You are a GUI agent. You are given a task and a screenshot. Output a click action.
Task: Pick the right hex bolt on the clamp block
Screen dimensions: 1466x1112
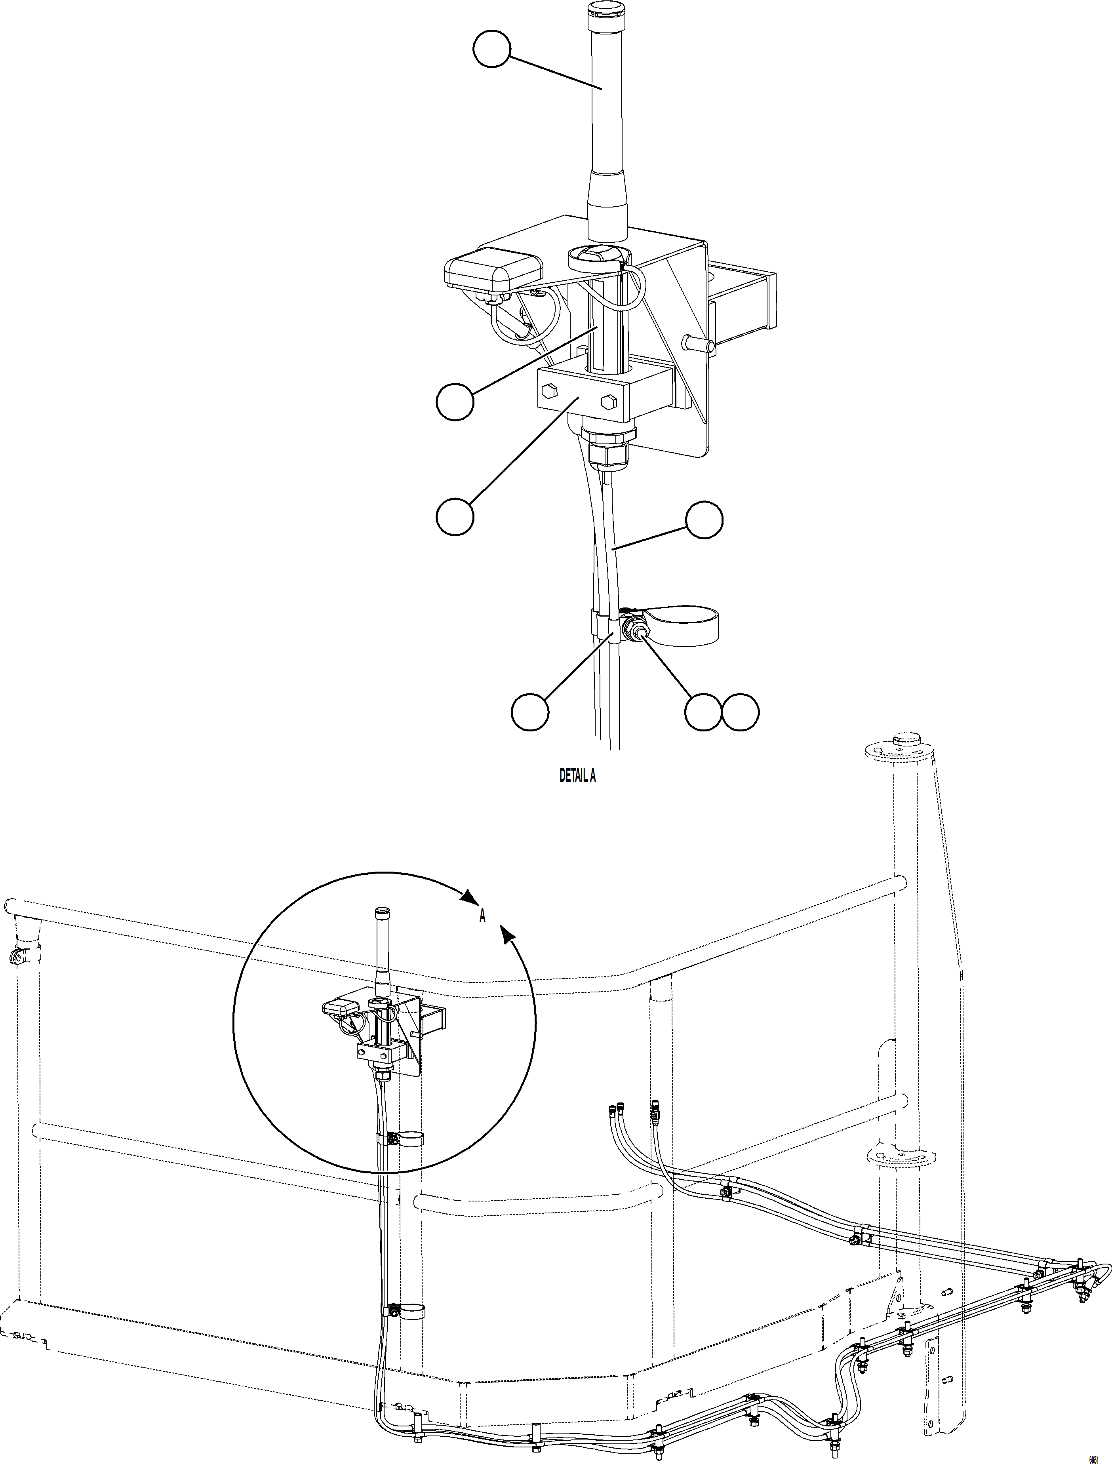click(x=608, y=402)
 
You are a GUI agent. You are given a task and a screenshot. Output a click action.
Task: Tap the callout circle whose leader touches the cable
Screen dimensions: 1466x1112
click(x=704, y=520)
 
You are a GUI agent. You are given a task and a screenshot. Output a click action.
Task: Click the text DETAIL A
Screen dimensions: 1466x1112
click(x=577, y=775)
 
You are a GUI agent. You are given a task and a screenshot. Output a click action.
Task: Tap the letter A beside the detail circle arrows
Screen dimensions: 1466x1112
click(x=482, y=917)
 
